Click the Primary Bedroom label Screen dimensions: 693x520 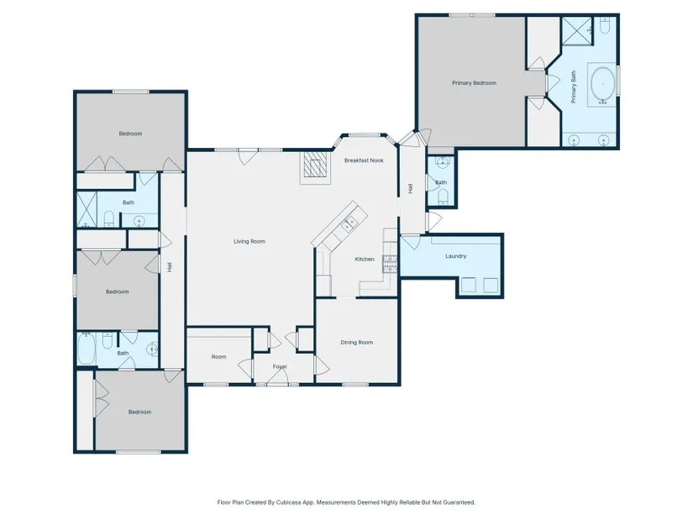474,82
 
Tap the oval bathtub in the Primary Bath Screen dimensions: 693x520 602,83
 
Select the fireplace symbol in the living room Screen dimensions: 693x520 316,166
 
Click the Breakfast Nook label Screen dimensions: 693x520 364,160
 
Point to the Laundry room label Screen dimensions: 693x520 455,256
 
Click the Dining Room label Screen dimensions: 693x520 357,342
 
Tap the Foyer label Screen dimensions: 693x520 280,366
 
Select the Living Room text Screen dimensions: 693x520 249,241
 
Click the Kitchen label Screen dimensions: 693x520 365,259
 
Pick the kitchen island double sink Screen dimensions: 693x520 349,223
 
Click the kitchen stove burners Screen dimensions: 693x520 391,263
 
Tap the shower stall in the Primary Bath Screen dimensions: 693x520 577,31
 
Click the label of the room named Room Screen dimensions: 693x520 218,357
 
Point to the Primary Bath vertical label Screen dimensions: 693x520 573,87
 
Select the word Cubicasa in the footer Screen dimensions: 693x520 288,502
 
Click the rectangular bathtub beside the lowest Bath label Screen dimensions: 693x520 87,349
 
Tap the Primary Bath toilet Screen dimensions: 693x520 606,26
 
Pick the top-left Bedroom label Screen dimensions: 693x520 130,134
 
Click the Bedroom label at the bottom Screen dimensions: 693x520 139,412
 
